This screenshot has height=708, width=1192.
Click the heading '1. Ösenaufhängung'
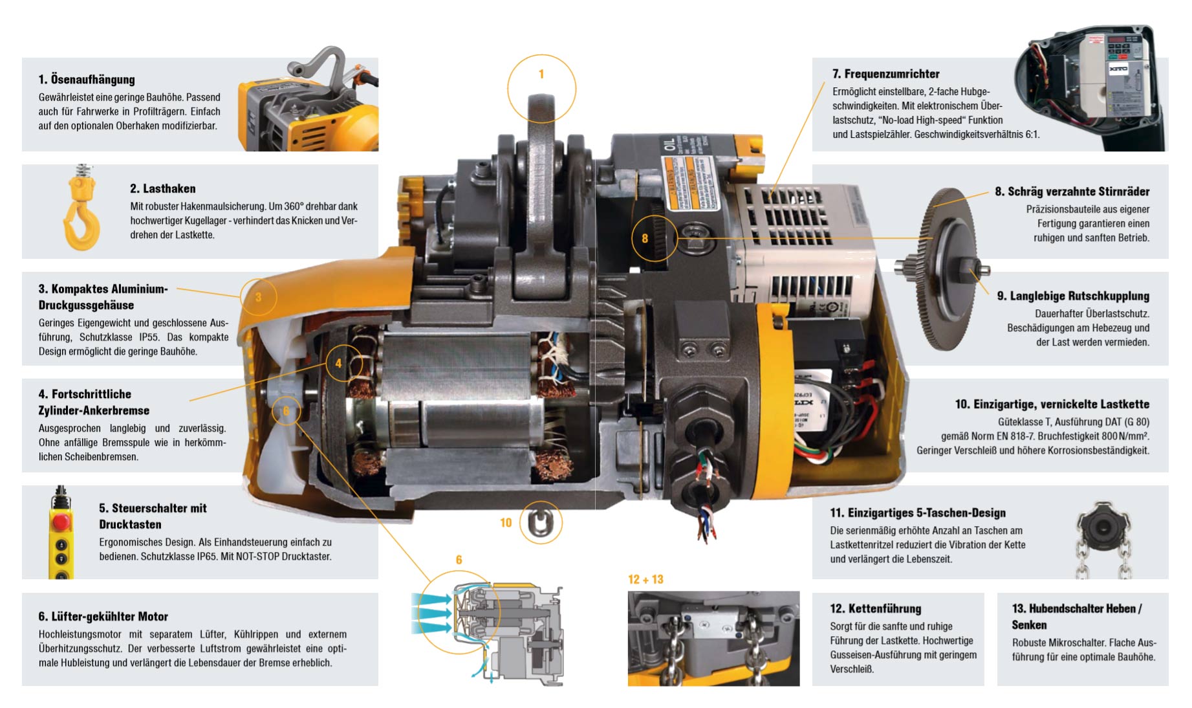[87, 80]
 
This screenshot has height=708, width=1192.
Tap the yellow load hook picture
[82, 209]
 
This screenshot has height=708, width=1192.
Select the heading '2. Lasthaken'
[162, 188]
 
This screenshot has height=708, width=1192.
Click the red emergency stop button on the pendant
[61, 522]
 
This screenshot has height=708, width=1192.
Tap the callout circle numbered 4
[327, 364]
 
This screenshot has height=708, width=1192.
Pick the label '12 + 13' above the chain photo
[645, 579]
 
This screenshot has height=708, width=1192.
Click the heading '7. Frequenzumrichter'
[886, 74]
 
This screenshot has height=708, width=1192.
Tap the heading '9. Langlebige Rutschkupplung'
[1073, 296]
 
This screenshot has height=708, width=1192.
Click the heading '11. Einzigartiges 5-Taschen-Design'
[918, 513]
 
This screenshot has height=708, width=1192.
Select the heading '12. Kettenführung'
[875, 608]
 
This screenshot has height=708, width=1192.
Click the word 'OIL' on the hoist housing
[669, 144]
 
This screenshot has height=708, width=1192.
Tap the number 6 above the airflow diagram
[459, 560]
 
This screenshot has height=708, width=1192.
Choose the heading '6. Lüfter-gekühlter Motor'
[103, 616]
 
